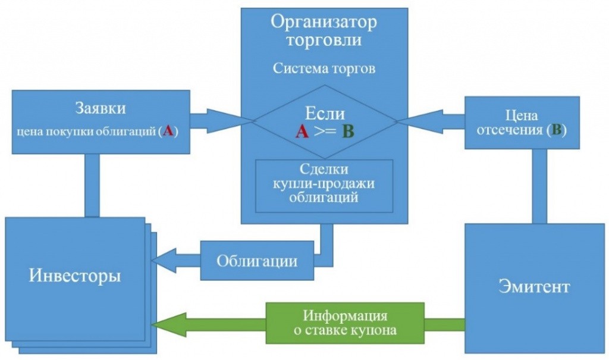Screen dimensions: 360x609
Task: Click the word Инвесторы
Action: [x=75, y=277]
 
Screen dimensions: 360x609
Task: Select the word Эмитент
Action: [x=534, y=286]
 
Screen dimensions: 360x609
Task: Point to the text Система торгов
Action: [x=324, y=68]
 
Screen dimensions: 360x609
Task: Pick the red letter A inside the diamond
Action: [x=302, y=132]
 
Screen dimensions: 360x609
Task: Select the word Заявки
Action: [x=101, y=108]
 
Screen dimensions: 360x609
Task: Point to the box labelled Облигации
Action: [x=256, y=261]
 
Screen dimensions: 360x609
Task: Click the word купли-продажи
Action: [x=324, y=184]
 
